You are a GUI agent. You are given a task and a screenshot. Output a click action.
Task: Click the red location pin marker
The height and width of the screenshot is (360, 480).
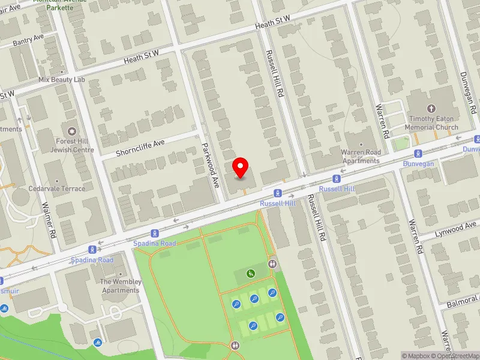241,167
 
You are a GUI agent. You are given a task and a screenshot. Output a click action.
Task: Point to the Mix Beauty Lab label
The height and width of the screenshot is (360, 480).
62,80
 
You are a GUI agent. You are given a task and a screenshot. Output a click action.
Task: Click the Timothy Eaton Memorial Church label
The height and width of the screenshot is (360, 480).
431,124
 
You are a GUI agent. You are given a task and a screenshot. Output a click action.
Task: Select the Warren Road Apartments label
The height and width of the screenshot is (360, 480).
361,157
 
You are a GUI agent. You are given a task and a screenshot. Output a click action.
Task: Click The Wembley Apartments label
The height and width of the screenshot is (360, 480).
121,286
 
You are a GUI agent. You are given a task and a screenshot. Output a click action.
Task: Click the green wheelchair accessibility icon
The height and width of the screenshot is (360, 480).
251,274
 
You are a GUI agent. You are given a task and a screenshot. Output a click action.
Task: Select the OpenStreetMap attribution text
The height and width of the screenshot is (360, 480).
459,356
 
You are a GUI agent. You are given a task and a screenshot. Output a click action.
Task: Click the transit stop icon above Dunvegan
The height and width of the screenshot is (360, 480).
418,154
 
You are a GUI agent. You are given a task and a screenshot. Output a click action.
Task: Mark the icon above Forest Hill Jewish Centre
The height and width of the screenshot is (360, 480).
72,131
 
